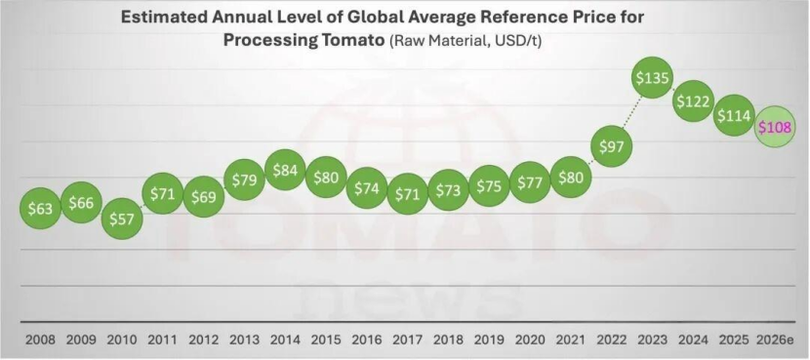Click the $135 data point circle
point(653,77)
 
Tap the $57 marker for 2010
point(121,219)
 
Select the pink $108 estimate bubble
point(774,127)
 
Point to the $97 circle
point(612,146)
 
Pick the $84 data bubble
point(285,170)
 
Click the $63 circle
point(40,209)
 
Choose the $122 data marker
point(693,101)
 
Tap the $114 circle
point(734,116)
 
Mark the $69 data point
point(204,196)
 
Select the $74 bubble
point(366,188)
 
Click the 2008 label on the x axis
point(40,340)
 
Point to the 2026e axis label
point(775,340)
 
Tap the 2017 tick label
point(408,340)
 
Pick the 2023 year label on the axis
point(653,340)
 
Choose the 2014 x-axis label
point(285,340)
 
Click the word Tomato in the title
point(350,40)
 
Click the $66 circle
point(81,203)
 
